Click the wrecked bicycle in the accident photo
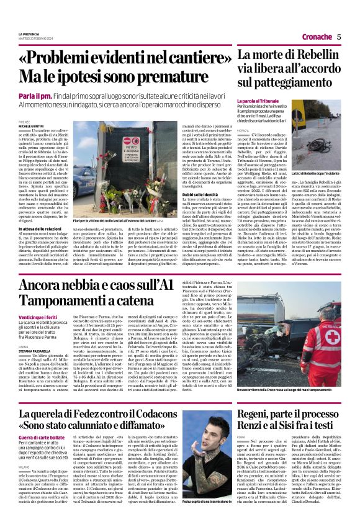coord(320,146)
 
